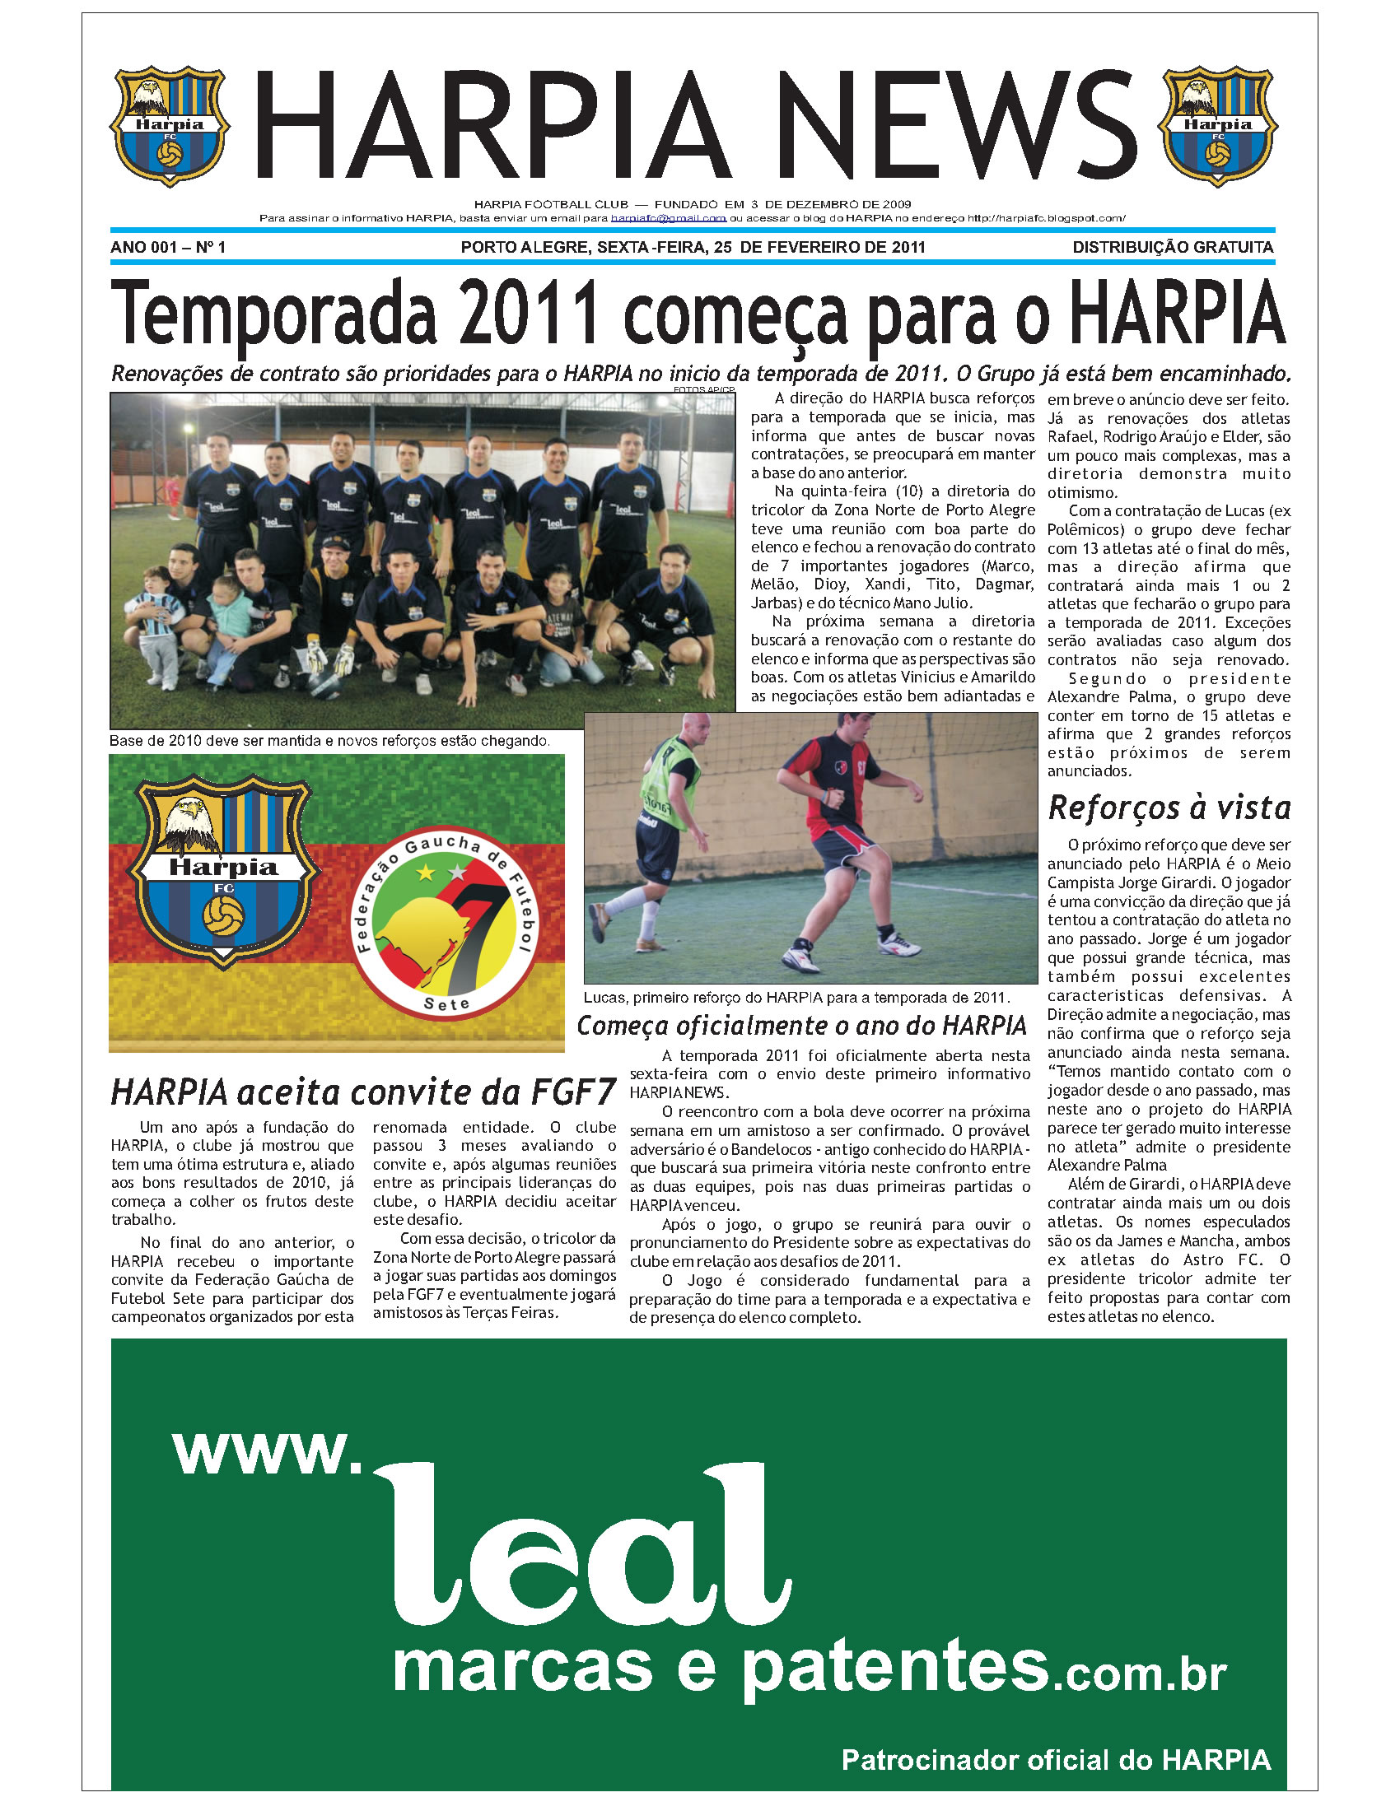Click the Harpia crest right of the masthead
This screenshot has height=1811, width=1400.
pos(1216,126)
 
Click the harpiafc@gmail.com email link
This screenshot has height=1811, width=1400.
pos(669,218)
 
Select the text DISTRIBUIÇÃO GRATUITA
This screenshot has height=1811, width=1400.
pos(1172,247)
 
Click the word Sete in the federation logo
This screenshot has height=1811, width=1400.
pos(446,1004)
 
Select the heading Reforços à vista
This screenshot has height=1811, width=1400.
pos(1169,808)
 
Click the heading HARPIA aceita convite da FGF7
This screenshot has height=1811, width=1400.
pos(363,1092)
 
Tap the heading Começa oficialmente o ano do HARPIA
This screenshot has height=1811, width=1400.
pos(802,1026)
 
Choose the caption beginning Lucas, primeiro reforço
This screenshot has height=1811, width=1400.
pos(796,998)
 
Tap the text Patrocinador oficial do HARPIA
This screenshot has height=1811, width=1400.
pos(1056,1760)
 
